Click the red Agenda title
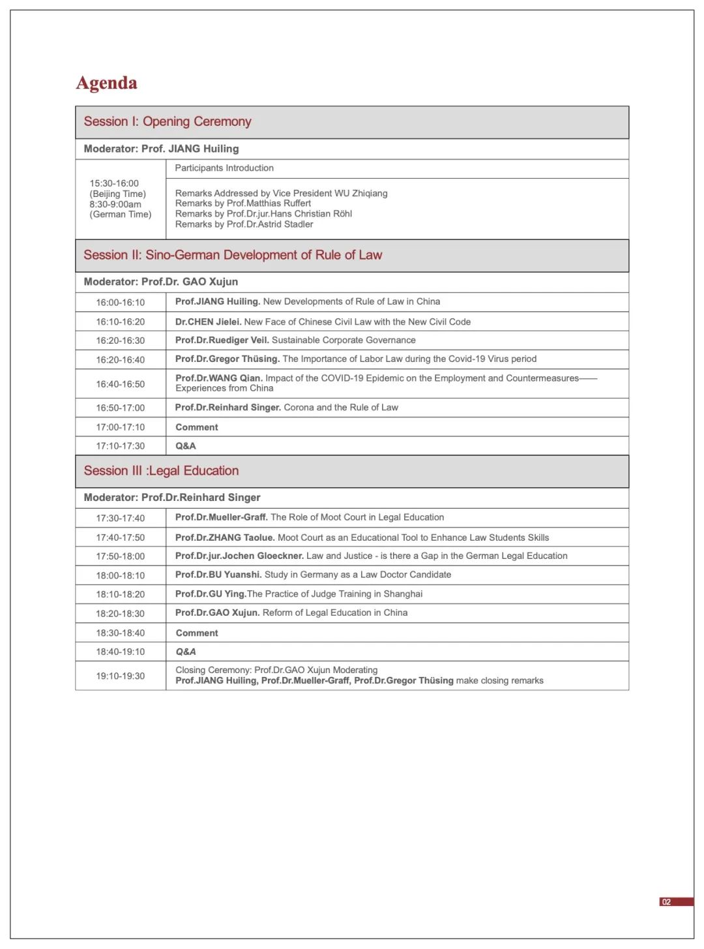[x=107, y=83]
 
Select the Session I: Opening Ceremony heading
[x=168, y=122]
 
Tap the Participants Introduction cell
[x=224, y=168]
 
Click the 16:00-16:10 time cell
[x=121, y=303]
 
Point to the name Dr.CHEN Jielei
[x=208, y=322]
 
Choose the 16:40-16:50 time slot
[x=121, y=384]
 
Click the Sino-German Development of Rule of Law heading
[x=233, y=255]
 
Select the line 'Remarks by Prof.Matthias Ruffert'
[x=243, y=203]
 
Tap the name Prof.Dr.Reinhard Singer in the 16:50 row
[x=228, y=408]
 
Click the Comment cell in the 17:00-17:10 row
[x=197, y=427]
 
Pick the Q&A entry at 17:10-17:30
[x=186, y=446]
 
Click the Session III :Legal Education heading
[x=161, y=471]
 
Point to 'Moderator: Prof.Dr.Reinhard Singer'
[x=172, y=498]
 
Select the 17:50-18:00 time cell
[x=121, y=556]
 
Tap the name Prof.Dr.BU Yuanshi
[x=218, y=575]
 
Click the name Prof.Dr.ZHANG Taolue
[x=225, y=537]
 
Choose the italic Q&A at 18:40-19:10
[x=186, y=652]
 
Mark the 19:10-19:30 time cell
[x=121, y=676]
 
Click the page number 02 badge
[x=666, y=902]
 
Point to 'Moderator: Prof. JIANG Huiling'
[x=161, y=149]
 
